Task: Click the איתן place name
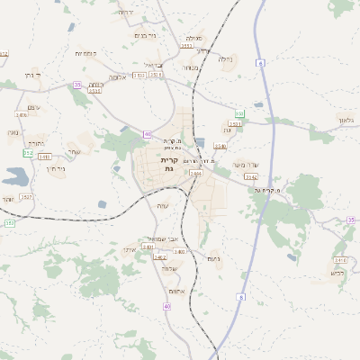129,249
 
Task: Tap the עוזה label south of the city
164,205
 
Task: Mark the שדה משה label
245,165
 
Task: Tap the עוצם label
34,107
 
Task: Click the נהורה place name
36,143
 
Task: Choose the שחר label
74,151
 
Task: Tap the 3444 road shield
195,172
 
